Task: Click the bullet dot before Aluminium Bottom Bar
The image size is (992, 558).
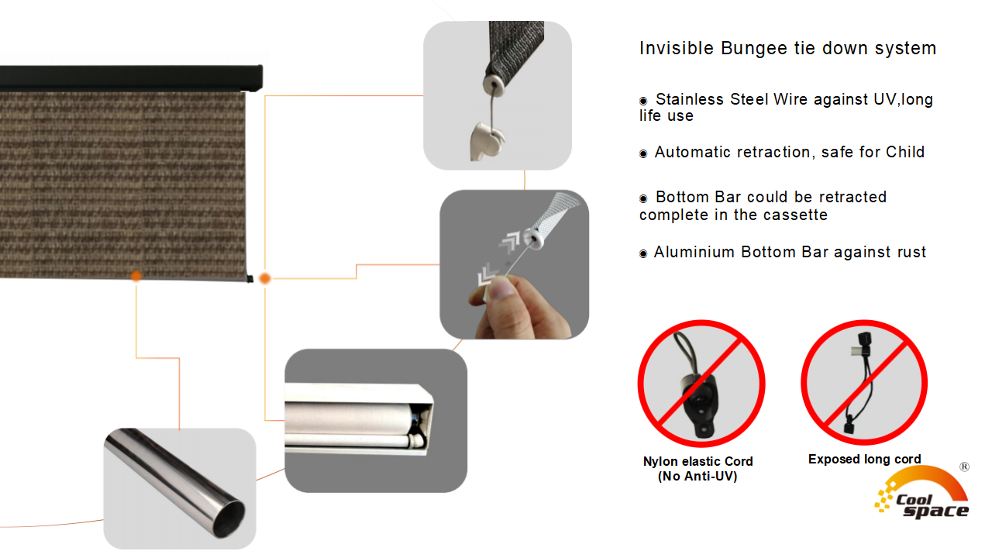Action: point(643,253)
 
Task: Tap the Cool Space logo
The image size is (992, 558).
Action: point(922,494)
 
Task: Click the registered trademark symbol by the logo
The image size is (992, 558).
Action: point(965,467)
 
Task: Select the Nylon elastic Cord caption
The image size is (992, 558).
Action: point(698,469)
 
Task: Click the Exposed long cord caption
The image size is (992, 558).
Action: point(864,460)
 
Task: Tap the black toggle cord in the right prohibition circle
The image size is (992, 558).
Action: point(859,383)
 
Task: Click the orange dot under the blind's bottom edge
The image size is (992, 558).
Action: point(136,276)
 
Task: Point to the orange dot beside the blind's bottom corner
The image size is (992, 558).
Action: point(265,278)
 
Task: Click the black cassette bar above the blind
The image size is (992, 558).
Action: point(131,78)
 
